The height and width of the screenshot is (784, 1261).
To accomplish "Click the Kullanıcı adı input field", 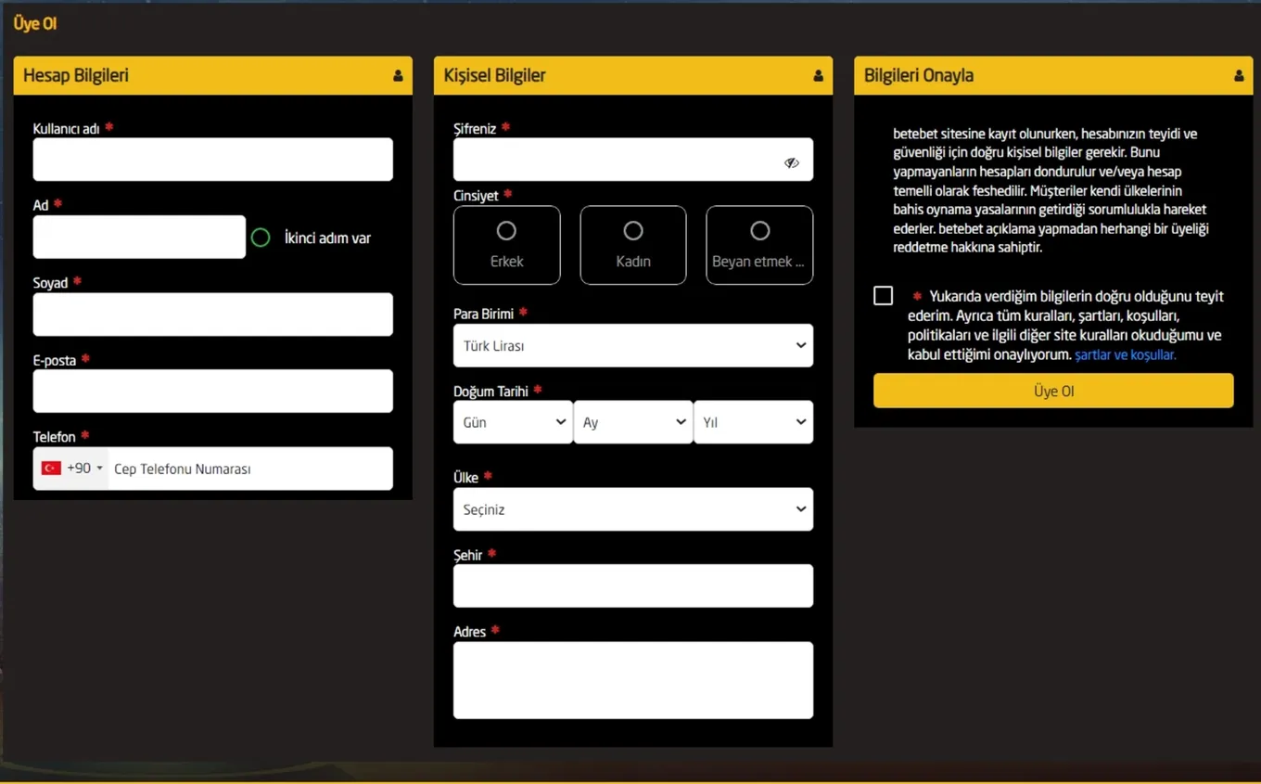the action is pos(213,160).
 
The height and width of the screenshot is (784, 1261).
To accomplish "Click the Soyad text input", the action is pos(213,315).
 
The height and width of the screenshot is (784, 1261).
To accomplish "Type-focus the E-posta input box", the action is pos(213,391).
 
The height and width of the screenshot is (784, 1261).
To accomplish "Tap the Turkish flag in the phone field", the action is pos(51,468).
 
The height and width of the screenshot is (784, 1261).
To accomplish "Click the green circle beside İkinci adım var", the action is pos(261,238).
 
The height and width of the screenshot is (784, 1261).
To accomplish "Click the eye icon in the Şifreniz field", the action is pos(792,162).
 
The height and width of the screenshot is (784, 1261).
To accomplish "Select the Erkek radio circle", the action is pos(506,231).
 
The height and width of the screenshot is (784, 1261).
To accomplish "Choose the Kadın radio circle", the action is pos(633,231).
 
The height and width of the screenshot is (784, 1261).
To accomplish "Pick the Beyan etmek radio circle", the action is pos(760,231).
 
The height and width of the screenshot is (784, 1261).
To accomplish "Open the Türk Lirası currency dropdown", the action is pos(633,345).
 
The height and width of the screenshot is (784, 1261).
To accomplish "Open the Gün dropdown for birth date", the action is pos(513,422).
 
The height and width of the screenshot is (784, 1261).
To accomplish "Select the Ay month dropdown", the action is pos(633,422).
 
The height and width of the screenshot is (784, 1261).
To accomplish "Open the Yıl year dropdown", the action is pos(754,422).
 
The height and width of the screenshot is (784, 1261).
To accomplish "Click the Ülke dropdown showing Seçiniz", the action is pos(633,509).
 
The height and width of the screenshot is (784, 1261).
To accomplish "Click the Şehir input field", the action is pos(633,585).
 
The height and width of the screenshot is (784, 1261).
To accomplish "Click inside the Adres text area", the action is pos(633,680).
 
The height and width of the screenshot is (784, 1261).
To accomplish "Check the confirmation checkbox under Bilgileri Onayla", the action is pos(883,296).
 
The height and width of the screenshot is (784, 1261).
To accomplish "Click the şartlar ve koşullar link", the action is pos(1126,354).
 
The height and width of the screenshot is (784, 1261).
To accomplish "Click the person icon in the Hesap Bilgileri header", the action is pos(398,75).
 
